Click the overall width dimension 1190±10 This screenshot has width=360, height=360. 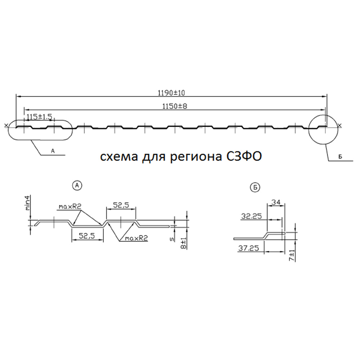(x=171, y=93)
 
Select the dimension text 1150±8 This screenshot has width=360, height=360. (x=175, y=106)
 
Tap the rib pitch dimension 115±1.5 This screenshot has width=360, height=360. (x=40, y=117)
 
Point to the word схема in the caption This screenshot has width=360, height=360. (x=119, y=157)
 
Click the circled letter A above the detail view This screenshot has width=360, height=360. (x=77, y=185)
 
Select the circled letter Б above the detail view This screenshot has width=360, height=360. (x=255, y=188)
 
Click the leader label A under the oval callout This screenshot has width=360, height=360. (x=53, y=151)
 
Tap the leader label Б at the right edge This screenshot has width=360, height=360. (x=340, y=157)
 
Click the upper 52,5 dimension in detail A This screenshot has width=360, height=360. (x=121, y=205)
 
